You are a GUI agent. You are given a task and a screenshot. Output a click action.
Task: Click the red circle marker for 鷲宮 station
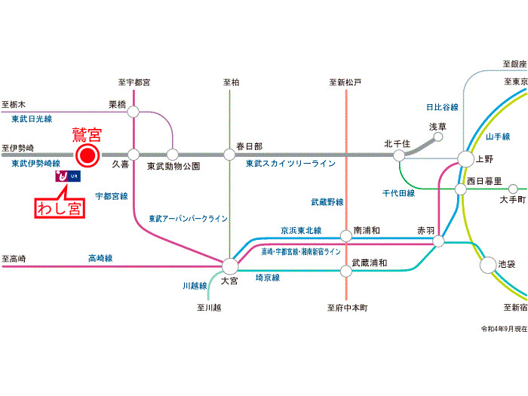pyautogui.click(x=87, y=156)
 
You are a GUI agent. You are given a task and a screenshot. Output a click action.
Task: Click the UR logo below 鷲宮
pyautogui.click(x=67, y=177)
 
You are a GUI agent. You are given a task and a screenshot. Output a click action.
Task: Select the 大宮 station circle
pyautogui.click(x=230, y=266)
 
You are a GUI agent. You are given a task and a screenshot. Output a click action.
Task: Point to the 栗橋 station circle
pyautogui.click(x=134, y=112)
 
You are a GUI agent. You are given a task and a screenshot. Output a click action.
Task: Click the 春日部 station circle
pyautogui.click(x=229, y=155)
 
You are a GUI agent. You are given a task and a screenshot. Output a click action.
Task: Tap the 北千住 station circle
pyautogui.click(x=398, y=155)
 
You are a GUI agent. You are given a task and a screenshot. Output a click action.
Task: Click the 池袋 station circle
pyautogui.click(x=488, y=265)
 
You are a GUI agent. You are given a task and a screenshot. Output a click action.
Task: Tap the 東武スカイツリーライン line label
pyautogui.click(x=290, y=164)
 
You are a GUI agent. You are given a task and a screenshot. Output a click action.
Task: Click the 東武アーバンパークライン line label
pyautogui.click(x=188, y=219)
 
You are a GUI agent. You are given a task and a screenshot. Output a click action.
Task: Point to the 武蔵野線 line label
pyautogui.click(x=327, y=202)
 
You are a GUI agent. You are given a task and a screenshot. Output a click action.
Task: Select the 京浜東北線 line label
pyautogui.click(x=301, y=231)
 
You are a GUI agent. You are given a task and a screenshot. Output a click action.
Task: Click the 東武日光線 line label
pyautogui.click(x=32, y=119)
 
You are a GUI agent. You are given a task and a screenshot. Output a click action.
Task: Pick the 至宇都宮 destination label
pyautogui.click(x=134, y=81)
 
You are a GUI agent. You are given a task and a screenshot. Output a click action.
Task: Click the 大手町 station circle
pyautogui.click(x=514, y=189)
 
